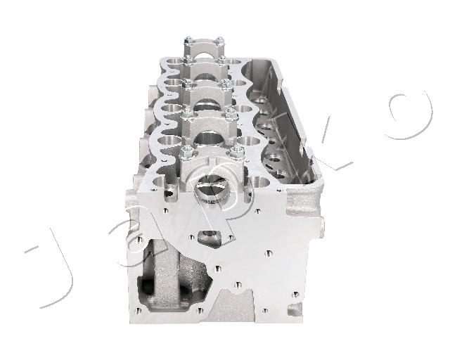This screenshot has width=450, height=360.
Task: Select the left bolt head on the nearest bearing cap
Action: (187, 151)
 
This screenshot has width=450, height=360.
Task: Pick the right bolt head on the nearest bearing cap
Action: (237, 152)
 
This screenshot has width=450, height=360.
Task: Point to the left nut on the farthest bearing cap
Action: (188, 41)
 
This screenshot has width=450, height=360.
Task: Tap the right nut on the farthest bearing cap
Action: (220, 41)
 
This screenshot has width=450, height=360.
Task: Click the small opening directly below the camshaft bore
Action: (210, 238)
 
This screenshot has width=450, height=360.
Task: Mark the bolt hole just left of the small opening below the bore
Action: (191, 237)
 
